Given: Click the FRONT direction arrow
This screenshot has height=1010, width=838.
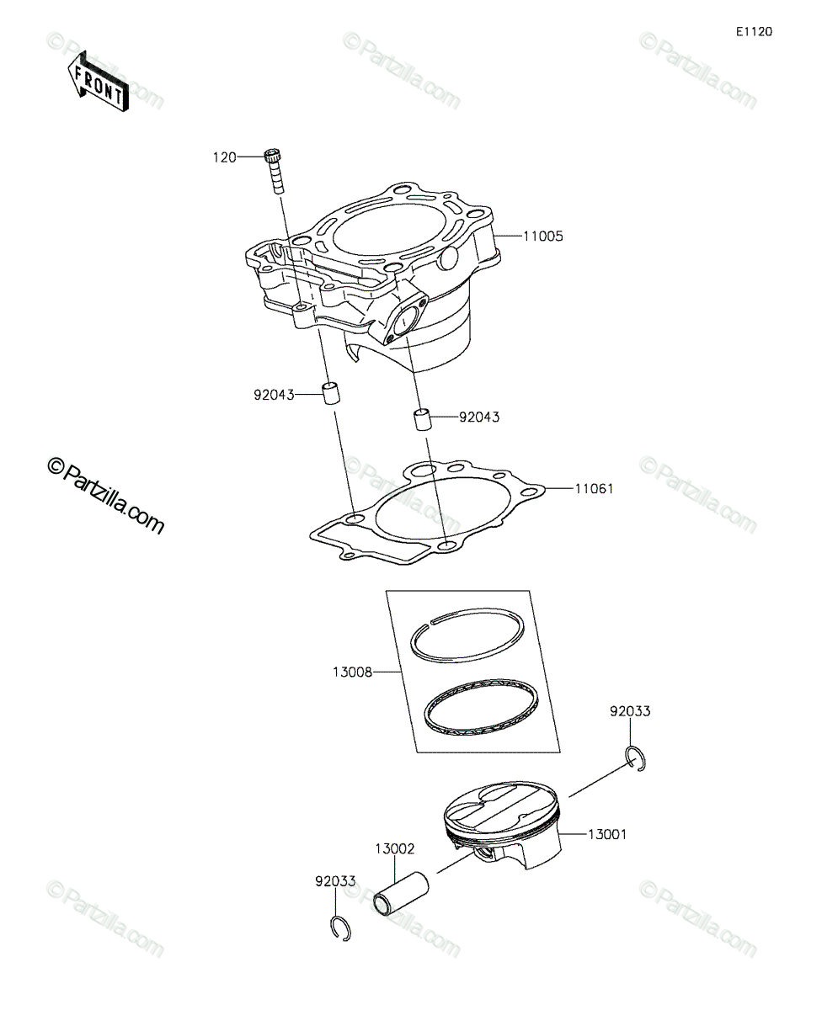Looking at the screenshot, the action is [x=99, y=82].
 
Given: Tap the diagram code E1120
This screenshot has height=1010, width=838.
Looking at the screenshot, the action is [x=755, y=32].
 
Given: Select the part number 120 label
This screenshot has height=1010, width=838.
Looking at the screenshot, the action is [x=225, y=157].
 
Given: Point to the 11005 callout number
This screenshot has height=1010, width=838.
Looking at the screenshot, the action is [x=543, y=237].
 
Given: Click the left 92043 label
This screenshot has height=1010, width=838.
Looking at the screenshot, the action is [x=274, y=396].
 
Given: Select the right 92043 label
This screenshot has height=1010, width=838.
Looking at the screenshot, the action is [x=478, y=417].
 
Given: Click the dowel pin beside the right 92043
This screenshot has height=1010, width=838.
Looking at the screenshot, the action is [x=422, y=419].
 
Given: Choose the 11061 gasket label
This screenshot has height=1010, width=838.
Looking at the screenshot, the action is [x=594, y=489].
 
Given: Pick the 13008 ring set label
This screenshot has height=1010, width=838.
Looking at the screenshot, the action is [x=352, y=672].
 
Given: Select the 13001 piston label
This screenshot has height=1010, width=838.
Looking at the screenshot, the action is [x=607, y=835].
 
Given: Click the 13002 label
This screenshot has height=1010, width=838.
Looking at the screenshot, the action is [x=395, y=849].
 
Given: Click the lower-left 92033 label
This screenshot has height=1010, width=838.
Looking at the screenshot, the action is [x=335, y=881].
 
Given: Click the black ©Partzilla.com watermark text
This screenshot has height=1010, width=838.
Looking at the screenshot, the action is [x=105, y=497].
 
